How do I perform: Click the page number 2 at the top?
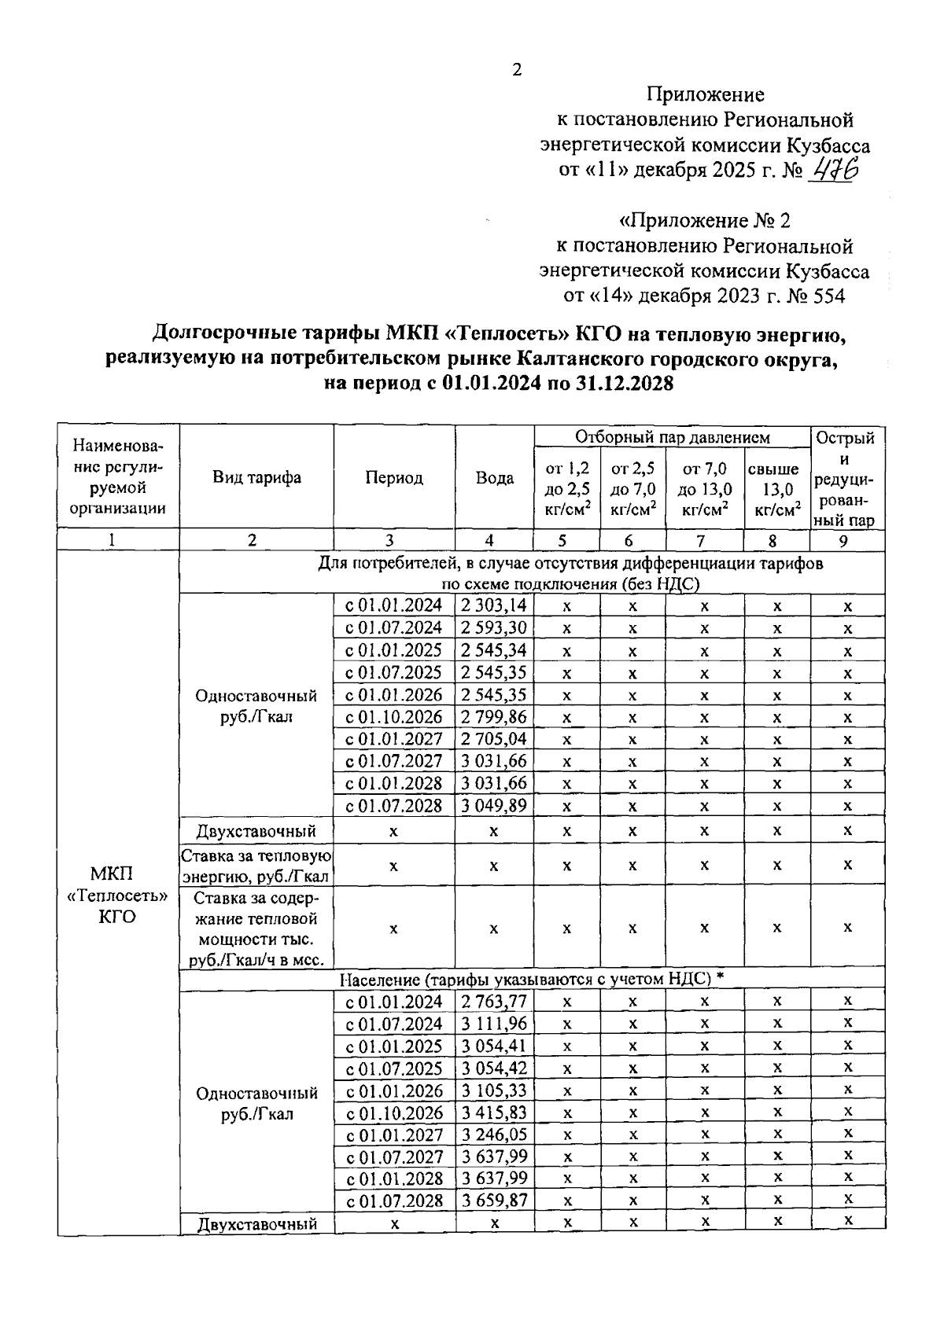click(517, 71)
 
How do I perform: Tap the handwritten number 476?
click(835, 168)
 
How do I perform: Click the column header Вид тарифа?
click(256, 477)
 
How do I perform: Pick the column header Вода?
click(495, 478)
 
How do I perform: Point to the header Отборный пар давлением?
click(672, 437)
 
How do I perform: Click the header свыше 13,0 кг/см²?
click(776, 489)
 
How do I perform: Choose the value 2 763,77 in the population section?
click(494, 1002)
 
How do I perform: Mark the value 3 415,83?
click(494, 1113)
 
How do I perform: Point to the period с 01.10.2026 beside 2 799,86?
click(394, 717)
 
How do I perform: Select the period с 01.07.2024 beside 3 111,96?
click(394, 1024)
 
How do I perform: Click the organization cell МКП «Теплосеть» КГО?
click(117, 896)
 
